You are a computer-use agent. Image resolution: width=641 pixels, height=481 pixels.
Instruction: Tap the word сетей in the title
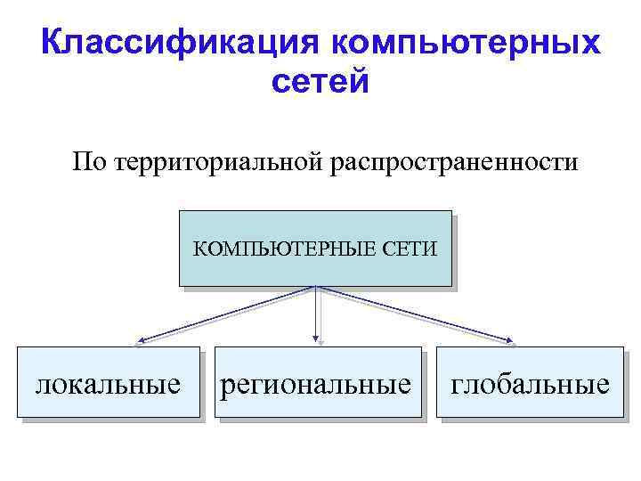click(319, 83)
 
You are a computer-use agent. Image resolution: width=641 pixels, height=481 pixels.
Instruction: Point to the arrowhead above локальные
click(141, 340)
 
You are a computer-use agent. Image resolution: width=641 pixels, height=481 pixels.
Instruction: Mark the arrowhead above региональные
click(316, 339)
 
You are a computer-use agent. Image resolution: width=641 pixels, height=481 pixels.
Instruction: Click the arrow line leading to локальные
click(227, 314)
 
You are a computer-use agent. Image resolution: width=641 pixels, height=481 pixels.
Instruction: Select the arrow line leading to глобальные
click(414, 314)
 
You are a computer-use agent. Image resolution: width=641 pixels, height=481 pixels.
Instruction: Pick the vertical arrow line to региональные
click(316, 312)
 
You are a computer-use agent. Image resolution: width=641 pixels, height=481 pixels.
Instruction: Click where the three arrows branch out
click(316, 288)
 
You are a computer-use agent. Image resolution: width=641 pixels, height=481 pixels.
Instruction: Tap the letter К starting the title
click(53, 43)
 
